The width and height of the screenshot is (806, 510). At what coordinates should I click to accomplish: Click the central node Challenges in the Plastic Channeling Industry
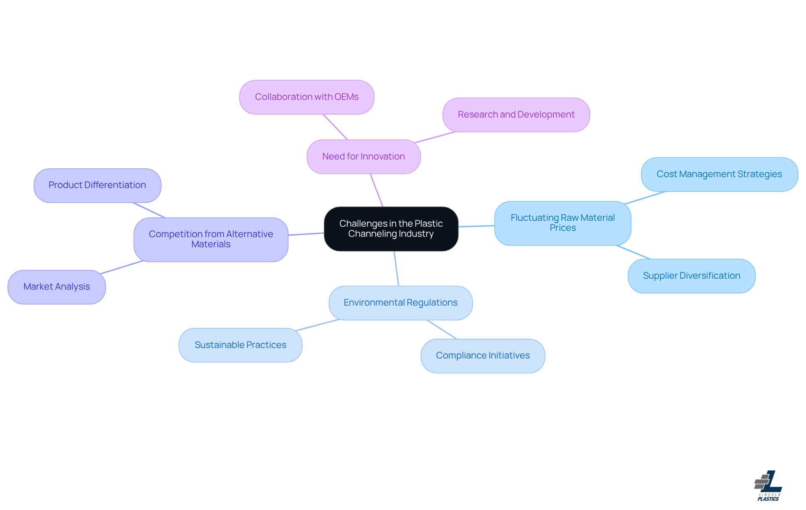[391, 229]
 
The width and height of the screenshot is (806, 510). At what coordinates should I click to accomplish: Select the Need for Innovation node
[364, 157]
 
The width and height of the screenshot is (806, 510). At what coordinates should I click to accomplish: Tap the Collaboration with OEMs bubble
[306, 97]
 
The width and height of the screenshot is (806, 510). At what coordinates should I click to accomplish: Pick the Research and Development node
[516, 115]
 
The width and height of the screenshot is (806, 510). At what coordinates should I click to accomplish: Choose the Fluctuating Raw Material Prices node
[563, 223]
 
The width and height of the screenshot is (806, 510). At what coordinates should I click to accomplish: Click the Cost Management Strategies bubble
[719, 174]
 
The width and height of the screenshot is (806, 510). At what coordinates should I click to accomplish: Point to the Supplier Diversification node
[691, 276]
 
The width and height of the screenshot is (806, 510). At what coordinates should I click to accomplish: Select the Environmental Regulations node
[400, 303]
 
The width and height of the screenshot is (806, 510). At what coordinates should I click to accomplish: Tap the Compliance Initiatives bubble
[483, 356]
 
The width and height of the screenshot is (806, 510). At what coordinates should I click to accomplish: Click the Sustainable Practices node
[240, 345]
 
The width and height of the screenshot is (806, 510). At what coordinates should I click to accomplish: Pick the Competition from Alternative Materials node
[211, 239]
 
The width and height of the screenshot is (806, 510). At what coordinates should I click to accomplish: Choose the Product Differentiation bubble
[97, 185]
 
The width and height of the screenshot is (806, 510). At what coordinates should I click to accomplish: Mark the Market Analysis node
[57, 287]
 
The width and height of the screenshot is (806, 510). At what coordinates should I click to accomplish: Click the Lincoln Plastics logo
[768, 486]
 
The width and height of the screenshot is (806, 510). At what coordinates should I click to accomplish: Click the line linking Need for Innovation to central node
[377, 190]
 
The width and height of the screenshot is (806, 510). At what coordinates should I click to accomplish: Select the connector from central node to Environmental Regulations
[396, 269]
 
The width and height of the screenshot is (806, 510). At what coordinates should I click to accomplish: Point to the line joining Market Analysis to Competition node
[122, 267]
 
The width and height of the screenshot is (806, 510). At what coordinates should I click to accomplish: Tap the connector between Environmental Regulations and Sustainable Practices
[317, 325]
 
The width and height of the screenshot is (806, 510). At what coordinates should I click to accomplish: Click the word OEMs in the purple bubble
[346, 97]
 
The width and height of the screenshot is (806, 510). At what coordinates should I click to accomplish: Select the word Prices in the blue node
[563, 228]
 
